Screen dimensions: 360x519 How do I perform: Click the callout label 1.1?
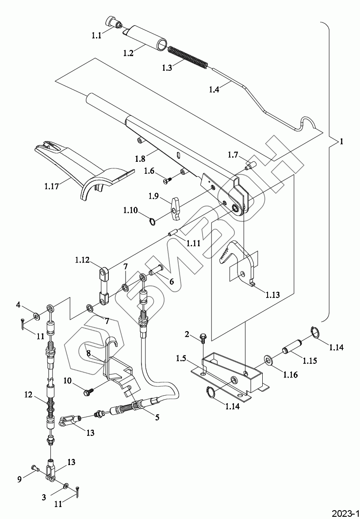[96, 35]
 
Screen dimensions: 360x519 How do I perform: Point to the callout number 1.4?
[214, 89]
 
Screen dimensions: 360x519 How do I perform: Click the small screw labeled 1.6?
[169, 180]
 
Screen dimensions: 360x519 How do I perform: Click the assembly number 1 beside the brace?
[341, 141]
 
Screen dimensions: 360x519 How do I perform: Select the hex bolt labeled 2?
[203, 339]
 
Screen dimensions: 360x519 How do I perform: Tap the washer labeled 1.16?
[268, 360]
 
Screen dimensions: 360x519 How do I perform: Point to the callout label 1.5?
[181, 359]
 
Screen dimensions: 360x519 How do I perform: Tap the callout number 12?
[28, 394]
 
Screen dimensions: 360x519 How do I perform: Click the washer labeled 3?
[65, 486]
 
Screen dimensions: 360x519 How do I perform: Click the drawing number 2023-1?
[345, 513]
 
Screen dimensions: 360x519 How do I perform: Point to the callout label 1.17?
[51, 187]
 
